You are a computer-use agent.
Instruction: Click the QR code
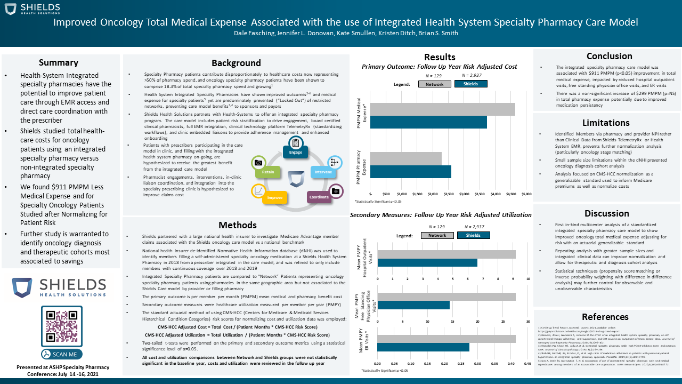coord(61,326)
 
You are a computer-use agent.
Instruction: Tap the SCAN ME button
coord(61,354)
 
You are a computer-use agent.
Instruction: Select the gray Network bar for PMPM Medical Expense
coord(442,109)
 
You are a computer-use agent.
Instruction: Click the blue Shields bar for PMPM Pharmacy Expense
coord(411,172)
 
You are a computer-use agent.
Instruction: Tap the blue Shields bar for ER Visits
coord(423,347)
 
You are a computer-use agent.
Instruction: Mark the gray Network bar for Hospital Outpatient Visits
coord(446,254)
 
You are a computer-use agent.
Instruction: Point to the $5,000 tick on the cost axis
coord(526,194)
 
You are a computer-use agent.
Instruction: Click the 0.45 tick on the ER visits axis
coord(527,364)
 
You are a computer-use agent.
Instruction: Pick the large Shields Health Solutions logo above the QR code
coord(61,287)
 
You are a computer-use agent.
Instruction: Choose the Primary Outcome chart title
coord(439,67)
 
